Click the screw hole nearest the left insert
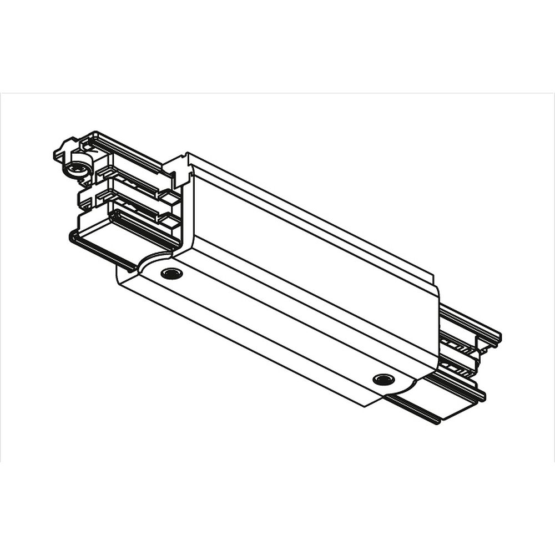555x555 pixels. pyautogui.click(x=171, y=273)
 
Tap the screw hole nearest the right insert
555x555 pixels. pyautogui.click(x=382, y=379)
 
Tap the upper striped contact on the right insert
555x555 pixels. pyautogui.click(x=458, y=342)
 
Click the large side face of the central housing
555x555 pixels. pyautogui.click(x=311, y=250)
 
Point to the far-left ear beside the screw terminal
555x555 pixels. pyautogui.click(x=59, y=153)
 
